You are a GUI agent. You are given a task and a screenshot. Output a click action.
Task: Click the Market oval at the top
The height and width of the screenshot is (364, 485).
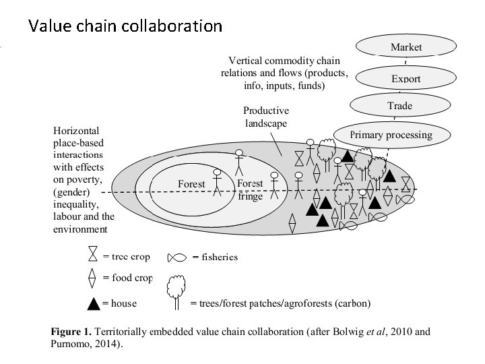click(x=406, y=47)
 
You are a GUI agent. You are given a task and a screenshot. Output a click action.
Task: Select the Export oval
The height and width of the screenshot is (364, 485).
click(x=406, y=78)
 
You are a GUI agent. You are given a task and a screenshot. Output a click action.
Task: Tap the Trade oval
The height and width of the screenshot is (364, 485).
click(x=399, y=106)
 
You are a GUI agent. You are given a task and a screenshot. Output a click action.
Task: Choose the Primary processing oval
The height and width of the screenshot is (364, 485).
click(x=391, y=135)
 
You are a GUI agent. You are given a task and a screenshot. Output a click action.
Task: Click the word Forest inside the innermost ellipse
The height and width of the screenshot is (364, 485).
click(x=191, y=184)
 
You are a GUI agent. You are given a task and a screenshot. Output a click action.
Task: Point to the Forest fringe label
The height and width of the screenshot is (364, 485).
click(x=250, y=189)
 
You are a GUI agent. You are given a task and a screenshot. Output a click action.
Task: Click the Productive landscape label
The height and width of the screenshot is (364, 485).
click(x=265, y=117)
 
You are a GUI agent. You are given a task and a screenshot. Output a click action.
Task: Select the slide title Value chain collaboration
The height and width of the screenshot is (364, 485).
click(x=125, y=26)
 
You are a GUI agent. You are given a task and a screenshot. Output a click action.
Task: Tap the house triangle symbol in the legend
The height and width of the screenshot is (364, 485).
click(x=94, y=303)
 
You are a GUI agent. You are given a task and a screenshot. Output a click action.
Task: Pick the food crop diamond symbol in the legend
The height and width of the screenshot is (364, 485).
click(x=93, y=278)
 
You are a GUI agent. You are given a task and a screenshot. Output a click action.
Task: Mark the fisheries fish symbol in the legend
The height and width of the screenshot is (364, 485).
click(x=177, y=257)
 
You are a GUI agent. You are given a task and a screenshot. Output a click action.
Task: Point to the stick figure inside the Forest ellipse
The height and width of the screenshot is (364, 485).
click(x=217, y=182)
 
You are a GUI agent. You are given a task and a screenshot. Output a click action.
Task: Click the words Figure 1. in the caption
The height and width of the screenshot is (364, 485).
click(x=71, y=332)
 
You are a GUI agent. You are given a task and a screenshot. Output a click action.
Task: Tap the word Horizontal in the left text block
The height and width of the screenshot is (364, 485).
click(x=76, y=130)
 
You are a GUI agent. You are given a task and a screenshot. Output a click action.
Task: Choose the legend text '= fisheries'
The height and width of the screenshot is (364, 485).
click(x=215, y=257)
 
